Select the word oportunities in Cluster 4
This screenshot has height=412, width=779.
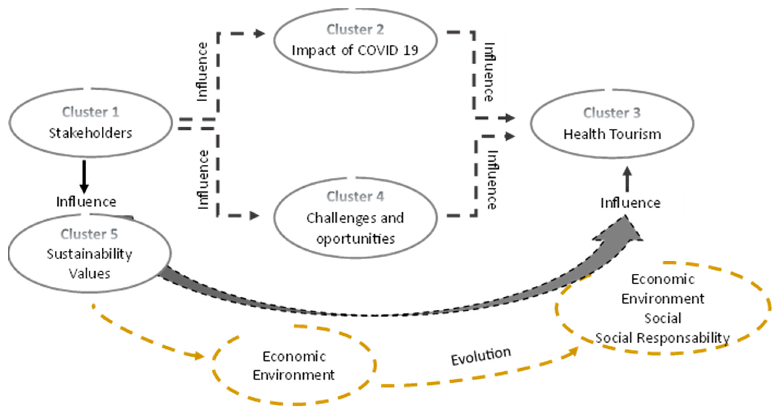coord(355,239)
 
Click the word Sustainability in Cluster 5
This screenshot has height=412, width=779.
coord(89,254)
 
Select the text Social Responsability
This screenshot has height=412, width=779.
coord(662,338)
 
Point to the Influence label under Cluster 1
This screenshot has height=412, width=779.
coord(86,202)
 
